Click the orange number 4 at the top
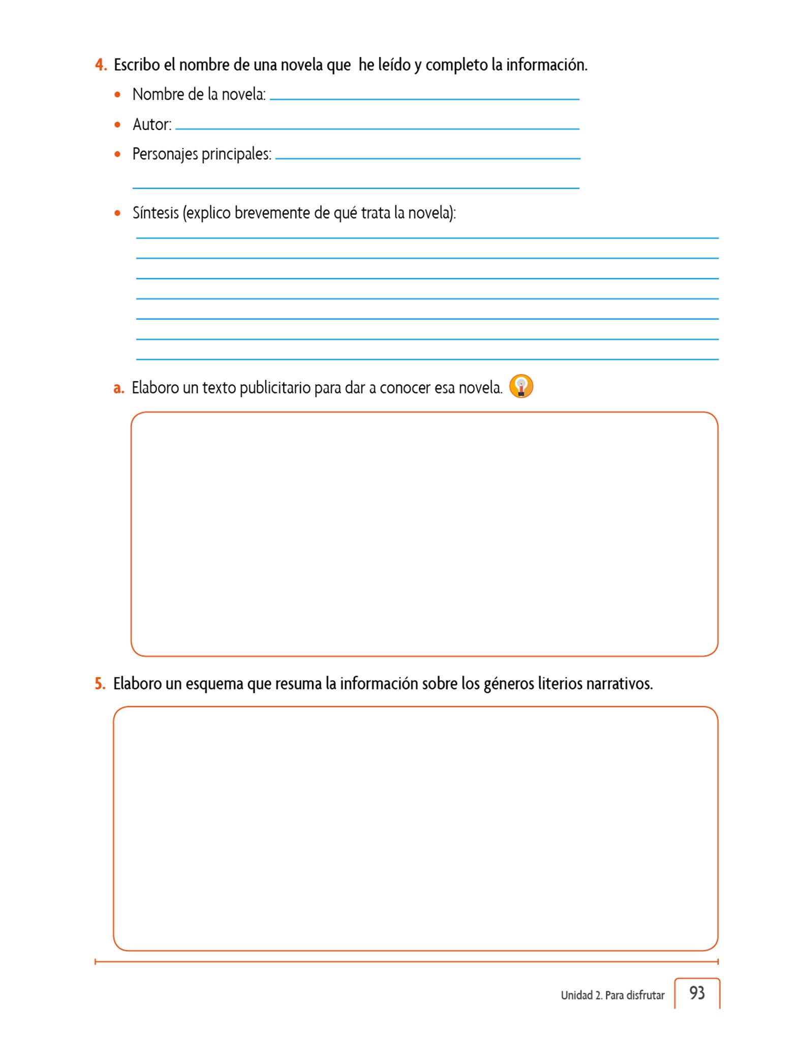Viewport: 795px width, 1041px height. (x=100, y=65)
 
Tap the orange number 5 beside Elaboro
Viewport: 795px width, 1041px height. (x=100, y=683)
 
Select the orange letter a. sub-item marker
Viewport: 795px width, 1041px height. (x=118, y=388)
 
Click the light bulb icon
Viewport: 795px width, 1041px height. (x=521, y=386)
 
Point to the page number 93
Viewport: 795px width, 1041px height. (x=697, y=993)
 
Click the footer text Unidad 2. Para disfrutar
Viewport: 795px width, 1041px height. (x=613, y=995)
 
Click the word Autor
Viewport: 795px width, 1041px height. (x=151, y=125)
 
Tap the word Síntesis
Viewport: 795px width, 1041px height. (x=156, y=212)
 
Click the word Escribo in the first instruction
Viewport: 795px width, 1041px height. (x=137, y=65)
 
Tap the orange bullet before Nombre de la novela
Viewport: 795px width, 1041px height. (x=118, y=95)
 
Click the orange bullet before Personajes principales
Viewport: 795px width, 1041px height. (x=118, y=154)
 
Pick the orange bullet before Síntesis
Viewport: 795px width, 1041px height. (x=118, y=213)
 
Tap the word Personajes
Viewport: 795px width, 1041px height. (x=165, y=154)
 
